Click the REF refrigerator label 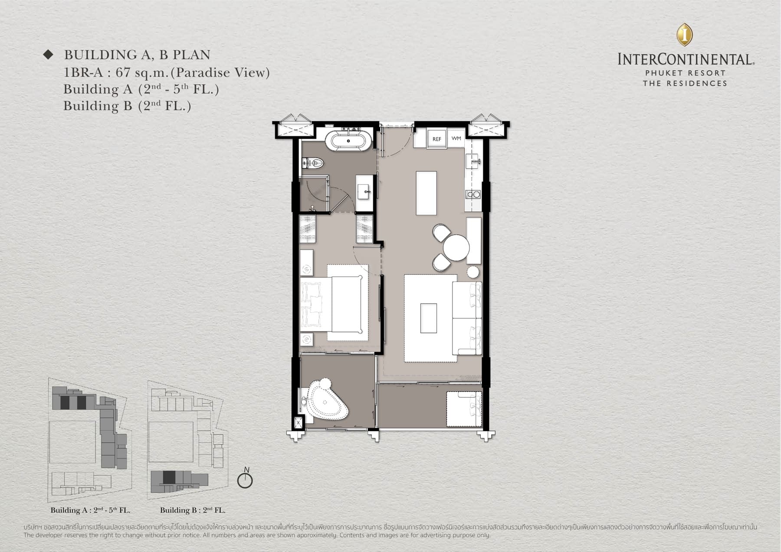pos(436,139)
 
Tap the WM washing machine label pos(456,139)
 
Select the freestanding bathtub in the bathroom pos(348,141)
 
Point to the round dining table pos(456,248)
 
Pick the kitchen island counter pos(426,193)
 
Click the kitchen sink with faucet pos(473,162)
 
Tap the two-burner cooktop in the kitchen pos(473,195)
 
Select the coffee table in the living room pos(428,318)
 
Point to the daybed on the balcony pos(464,409)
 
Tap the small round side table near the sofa pos(473,272)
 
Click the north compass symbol pos(245,480)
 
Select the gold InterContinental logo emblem pos(685,35)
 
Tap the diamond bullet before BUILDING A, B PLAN pos(48,55)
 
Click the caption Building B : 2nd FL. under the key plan pos(193,510)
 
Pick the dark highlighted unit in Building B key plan pos(169,477)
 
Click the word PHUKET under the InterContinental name pos(661,73)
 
